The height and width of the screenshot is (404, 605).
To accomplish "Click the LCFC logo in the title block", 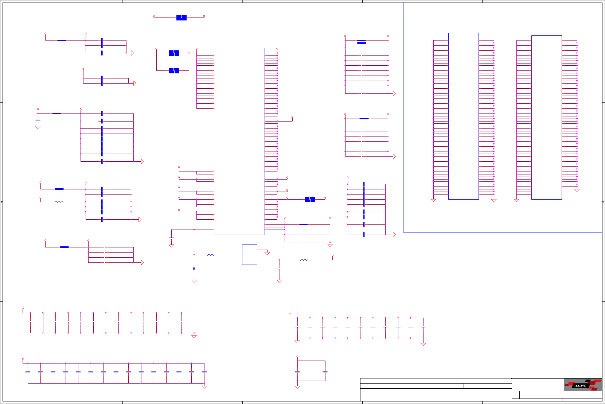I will pyautogui.click(x=583, y=385).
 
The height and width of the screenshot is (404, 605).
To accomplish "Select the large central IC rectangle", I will pyautogui.click(x=239, y=141).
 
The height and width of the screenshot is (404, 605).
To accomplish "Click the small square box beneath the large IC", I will pyautogui.click(x=250, y=254).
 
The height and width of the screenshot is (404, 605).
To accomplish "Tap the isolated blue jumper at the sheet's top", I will pyautogui.click(x=181, y=18).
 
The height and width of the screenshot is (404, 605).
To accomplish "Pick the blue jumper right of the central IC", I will pyautogui.click(x=310, y=199).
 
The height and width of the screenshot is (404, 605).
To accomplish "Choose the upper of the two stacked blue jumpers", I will pyautogui.click(x=174, y=53).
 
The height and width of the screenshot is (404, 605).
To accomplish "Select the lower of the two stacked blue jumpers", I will pyautogui.click(x=174, y=70).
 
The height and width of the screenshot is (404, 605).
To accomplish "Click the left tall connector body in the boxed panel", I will pyautogui.click(x=463, y=116).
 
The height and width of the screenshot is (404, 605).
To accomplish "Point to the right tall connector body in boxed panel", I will pyautogui.click(x=546, y=117).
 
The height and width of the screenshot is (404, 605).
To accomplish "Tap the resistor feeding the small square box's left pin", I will pyautogui.click(x=210, y=255).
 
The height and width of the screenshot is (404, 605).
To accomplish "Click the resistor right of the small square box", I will pyautogui.click(x=304, y=260).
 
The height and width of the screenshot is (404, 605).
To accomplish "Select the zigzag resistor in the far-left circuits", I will pyautogui.click(x=59, y=202).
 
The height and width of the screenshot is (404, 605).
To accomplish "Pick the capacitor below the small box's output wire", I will pyautogui.click(x=280, y=268).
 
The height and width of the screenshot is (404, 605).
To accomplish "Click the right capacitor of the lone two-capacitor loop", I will pyautogui.click(x=325, y=372).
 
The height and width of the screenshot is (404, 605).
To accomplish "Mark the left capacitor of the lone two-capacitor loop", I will pyautogui.click(x=297, y=372).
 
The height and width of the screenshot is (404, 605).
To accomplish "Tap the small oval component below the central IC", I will pyautogui.click(x=194, y=269).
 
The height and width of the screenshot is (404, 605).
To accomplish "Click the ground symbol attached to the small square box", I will pyautogui.click(x=267, y=253).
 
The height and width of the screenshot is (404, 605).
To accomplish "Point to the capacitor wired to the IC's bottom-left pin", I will pyautogui.click(x=171, y=238).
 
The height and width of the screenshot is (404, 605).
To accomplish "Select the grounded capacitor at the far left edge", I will pyautogui.click(x=38, y=120).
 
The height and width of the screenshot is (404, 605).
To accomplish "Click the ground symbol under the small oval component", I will pyautogui.click(x=194, y=281).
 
